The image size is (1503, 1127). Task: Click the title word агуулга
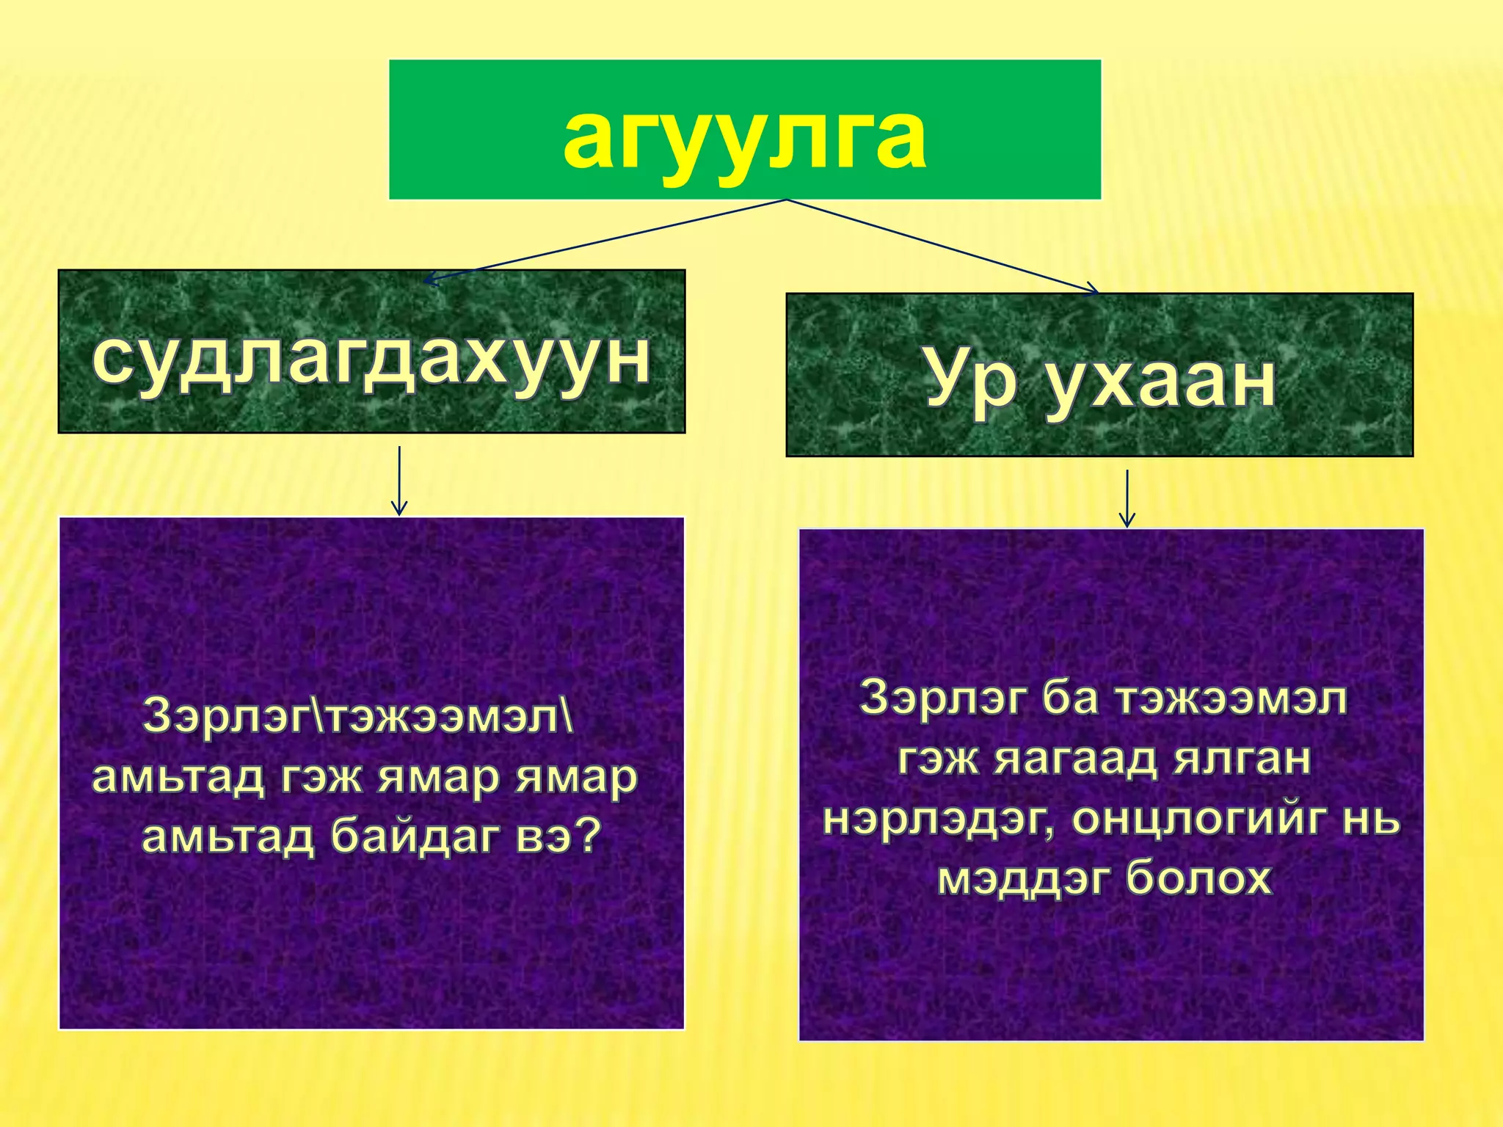744,137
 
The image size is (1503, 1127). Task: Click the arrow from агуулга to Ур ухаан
947,247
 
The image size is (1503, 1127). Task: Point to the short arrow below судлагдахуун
399,481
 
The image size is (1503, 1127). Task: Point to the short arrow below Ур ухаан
1127,499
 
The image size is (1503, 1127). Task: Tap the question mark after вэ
587,834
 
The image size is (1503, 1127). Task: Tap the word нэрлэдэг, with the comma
939,819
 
